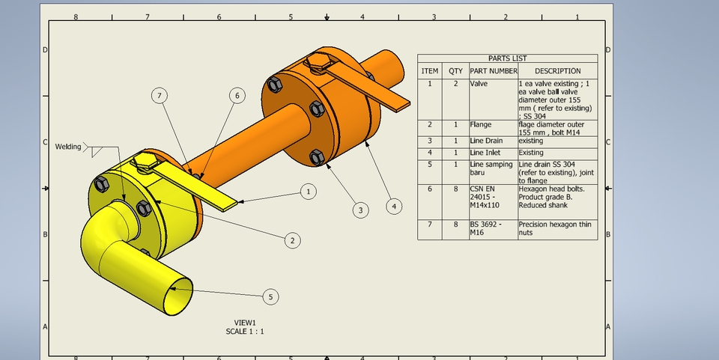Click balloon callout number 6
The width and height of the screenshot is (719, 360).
(x=237, y=95)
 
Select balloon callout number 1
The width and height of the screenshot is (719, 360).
(x=308, y=192)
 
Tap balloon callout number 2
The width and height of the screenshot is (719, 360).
(x=292, y=240)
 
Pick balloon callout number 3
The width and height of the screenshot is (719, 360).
(x=360, y=210)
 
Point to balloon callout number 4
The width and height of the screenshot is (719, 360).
(x=394, y=205)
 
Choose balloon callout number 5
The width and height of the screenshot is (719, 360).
(x=270, y=297)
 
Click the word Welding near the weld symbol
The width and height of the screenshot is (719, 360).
(x=68, y=147)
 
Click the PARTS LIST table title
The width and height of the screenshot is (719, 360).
(x=507, y=58)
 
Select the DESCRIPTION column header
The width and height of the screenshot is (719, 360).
(x=557, y=71)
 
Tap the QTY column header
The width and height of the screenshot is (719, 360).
(x=455, y=71)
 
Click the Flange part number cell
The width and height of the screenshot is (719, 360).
(x=481, y=124)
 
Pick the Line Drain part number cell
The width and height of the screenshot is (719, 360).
(x=486, y=141)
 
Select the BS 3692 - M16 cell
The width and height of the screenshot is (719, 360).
(x=483, y=228)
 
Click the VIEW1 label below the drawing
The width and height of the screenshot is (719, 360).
(x=245, y=323)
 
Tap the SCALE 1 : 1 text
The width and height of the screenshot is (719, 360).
(x=245, y=331)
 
